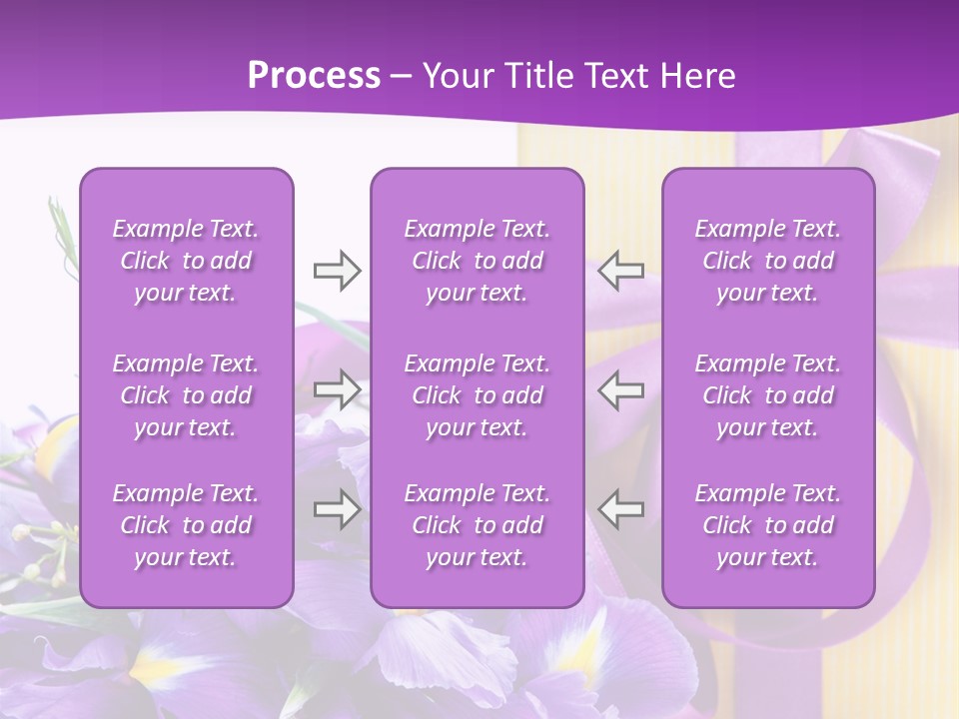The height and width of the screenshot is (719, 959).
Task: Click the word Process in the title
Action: [314, 76]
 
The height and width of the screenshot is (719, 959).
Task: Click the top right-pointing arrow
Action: [337, 271]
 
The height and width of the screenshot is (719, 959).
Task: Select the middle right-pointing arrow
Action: [337, 389]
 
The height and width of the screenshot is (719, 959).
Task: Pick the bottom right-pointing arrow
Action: [337, 509]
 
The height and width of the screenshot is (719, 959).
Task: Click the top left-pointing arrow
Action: [621, 271]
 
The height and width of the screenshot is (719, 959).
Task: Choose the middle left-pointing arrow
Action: [621, 389]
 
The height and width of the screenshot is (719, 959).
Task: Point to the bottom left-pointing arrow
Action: [621, 509]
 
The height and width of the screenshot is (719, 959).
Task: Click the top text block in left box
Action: [186, 261]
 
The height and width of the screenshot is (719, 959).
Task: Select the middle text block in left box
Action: [186, 395]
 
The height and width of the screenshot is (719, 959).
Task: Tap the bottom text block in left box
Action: [186, 525]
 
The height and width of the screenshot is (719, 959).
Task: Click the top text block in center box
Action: [477, 261]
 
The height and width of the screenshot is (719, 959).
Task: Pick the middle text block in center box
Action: [477, 395]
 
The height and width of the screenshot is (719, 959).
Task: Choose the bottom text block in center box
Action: [477, 525]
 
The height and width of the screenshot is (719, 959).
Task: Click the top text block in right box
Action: [768, 261]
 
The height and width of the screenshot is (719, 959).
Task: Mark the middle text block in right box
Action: [768, 395]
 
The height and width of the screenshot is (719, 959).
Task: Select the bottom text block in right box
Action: [768, 525]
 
